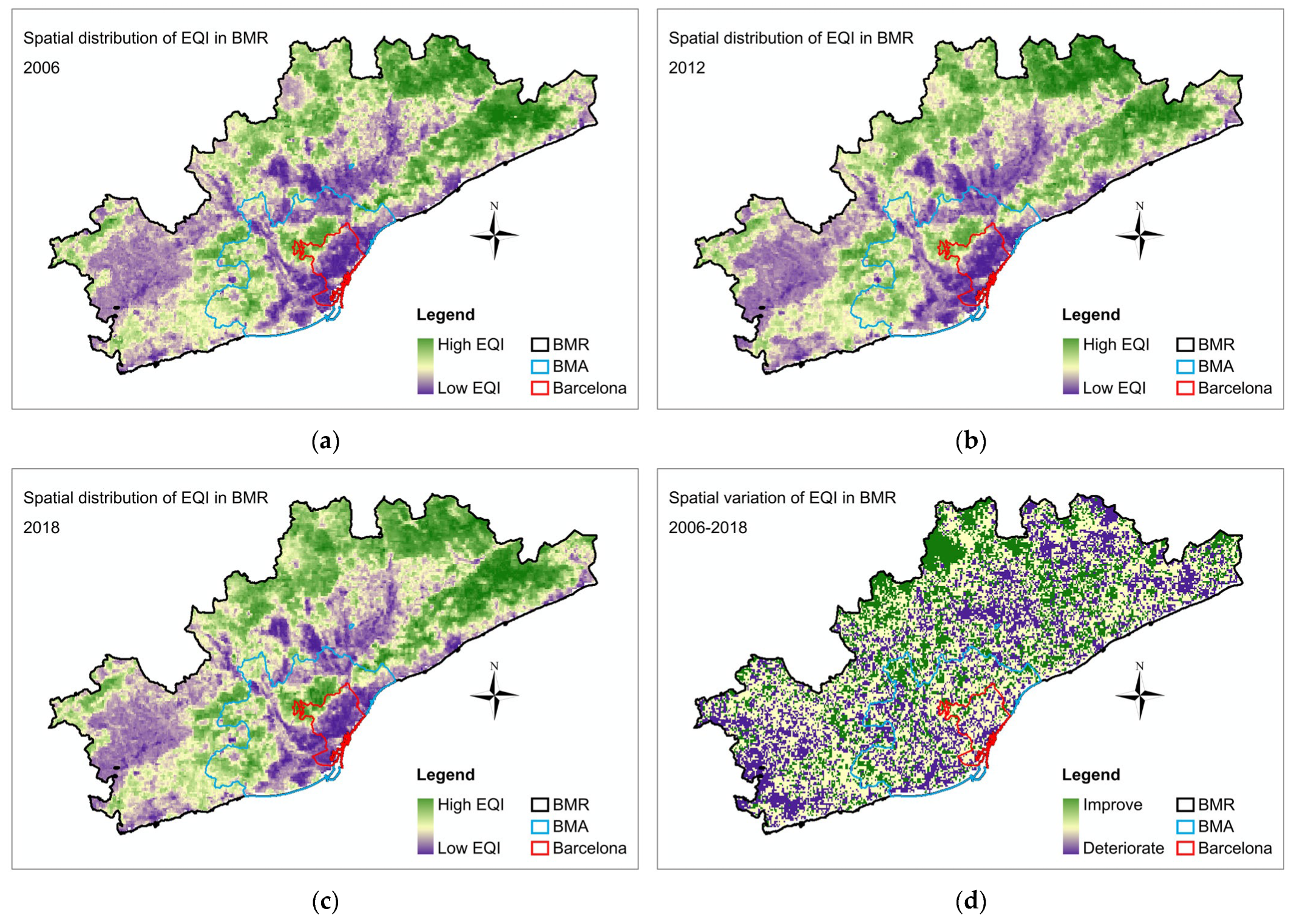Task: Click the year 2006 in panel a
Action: [41, 67]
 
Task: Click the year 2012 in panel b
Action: [686, 67]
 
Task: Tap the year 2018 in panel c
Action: [41, 527]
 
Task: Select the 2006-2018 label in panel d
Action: [707, 527]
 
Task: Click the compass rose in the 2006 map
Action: [495, 234]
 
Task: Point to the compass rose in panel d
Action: [1140, 694]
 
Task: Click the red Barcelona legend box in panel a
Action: [540, 388]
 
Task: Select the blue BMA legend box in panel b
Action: [1185, 367]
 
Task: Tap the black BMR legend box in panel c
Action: [540, 805]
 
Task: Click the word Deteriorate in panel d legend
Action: [1123, 848]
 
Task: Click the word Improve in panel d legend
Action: [1112, 805]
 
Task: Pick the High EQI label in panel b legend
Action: [1116, 344]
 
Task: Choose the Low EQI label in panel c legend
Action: [469, 848]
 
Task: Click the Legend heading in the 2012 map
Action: [1090, 315]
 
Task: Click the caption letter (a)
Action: [325, 441]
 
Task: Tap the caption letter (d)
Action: [970, 901]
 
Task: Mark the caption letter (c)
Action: [325, 901]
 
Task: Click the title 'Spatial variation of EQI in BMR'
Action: [782, 497]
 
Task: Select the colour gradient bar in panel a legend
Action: [425, 366]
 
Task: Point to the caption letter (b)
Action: [970, 441]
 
